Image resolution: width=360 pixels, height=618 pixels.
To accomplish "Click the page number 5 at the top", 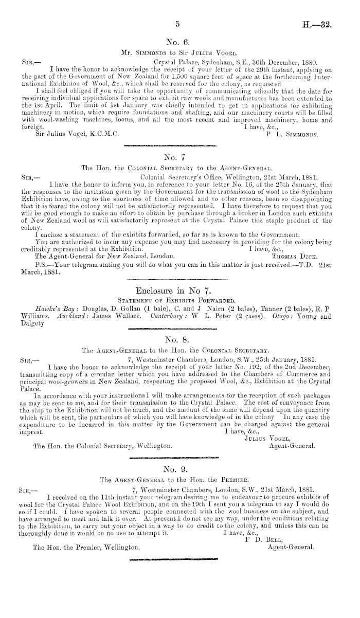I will [177, 23].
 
